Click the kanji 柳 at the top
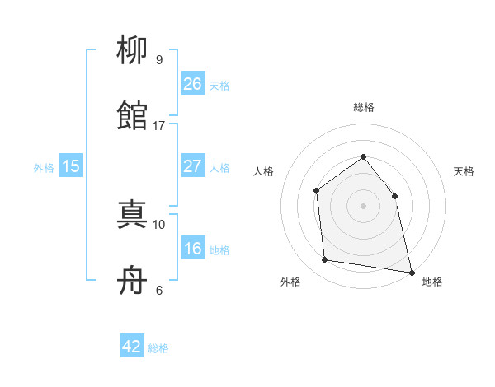(x=133, y=51)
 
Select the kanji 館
(x=133, y=116)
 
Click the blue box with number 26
(x=192, y=84)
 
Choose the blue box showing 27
(x=192, y=166)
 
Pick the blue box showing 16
(x=192, y=249)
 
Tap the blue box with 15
(x=71, y=166)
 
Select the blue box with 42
(x=132, y=347)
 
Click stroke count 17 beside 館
(x=159, y=126)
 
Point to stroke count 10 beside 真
(x=159, y=224)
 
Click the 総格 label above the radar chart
(x=363, y=107)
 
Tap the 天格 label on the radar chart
(x=464, y=171)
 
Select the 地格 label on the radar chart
(x=432, y=282)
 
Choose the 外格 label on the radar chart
(x=290, y=282)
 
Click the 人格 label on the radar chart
(x=263, y=171)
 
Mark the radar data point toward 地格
(x=411, y=272)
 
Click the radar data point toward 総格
(x=363, y=156)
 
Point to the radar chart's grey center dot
(x=363, y=205)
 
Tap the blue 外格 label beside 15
(x=44, y=167)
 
